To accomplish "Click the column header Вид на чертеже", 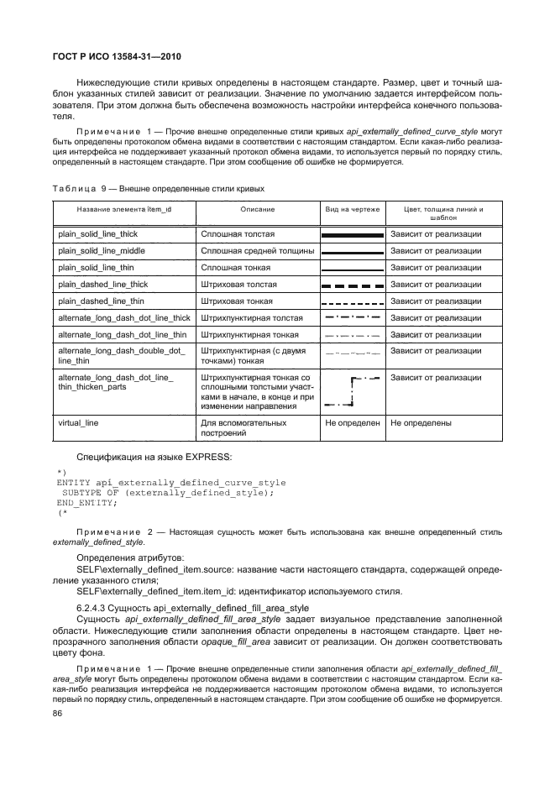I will click(353, 208).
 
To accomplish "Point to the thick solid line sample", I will click(353, 234).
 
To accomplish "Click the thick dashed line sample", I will click(353, 285).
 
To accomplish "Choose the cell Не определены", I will click(421, 423).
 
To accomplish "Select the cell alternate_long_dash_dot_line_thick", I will click(124, 317).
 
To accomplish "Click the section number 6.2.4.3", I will click(95, 607).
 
